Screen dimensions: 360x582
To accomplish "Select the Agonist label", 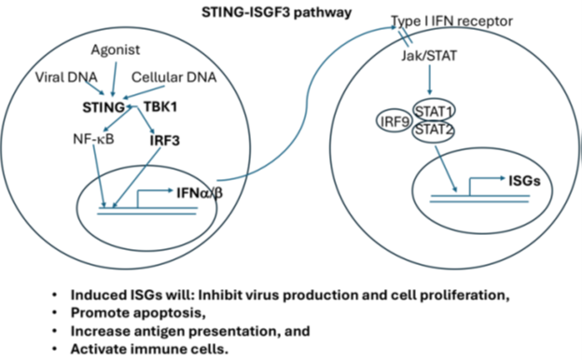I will (117, 48).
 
